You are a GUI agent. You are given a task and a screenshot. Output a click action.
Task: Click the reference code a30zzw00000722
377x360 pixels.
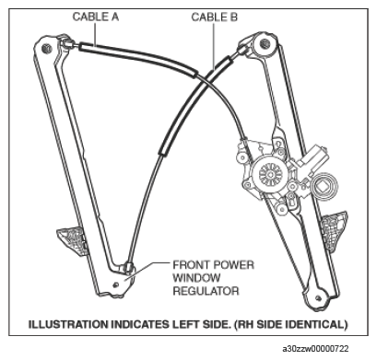[x=316, y=347]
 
